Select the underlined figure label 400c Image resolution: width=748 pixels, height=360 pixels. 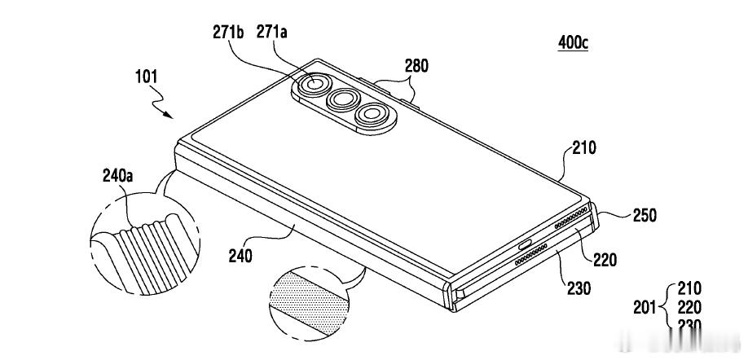coord(572,42)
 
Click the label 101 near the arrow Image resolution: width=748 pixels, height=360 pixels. coord(147,77)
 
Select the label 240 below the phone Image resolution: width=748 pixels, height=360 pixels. coord(240,256)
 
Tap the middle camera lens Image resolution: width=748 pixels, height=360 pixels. coord(344,101)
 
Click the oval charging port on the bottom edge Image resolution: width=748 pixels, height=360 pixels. coord(526,243)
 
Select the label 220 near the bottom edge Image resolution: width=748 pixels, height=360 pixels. coord(604,260)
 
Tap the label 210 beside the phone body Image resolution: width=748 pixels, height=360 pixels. coord(583,148)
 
